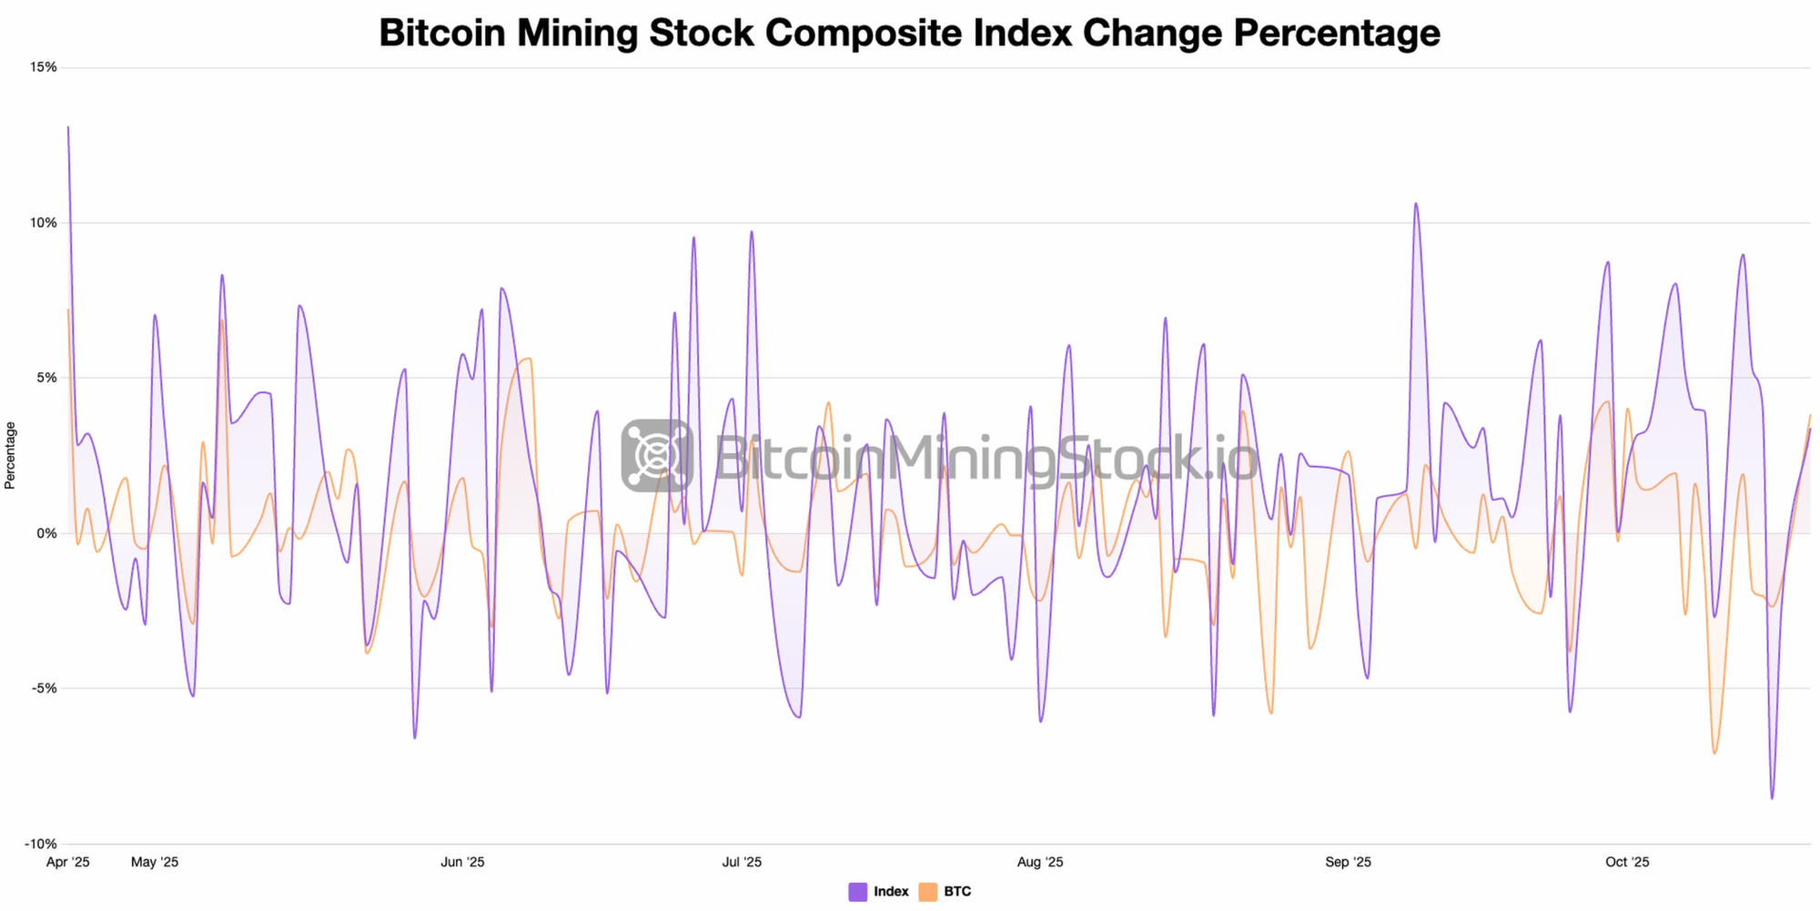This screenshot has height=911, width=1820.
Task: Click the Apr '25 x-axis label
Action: (x=68, y=862)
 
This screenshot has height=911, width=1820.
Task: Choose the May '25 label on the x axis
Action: (x=155, y=862)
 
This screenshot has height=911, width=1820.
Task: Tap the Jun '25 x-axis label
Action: (x=462, y=862)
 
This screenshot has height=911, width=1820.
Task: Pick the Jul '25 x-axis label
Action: (x=742, y=862)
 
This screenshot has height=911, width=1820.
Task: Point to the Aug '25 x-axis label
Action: (x=1040, y=862)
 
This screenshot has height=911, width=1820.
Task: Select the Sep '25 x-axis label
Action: (x=1349, y=862)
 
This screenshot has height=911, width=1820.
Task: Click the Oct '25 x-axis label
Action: (x=1627, y=862)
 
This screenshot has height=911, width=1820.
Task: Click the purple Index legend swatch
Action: (x=857, y=892)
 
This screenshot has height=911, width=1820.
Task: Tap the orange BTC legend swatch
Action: (x=927, y=892)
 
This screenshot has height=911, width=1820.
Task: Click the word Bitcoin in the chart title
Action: (x=442, y=33)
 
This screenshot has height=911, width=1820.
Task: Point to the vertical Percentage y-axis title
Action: (x=10, y=455)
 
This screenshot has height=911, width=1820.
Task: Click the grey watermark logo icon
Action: (x=657, y=455)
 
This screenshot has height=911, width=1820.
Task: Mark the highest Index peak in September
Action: (x=1416, y=204)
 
